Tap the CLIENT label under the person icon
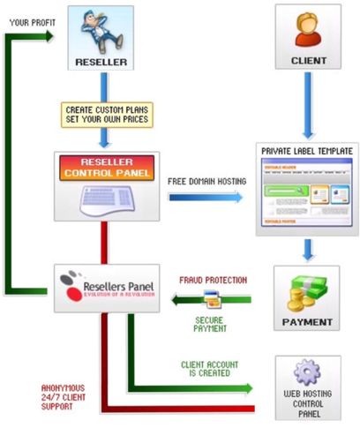pos(307,61)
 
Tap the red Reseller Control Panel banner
pos(106,167)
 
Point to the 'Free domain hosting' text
pos(206,181)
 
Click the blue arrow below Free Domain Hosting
pos(206,197)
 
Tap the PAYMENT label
pos(307,321)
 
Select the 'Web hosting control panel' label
pos(307,404)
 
